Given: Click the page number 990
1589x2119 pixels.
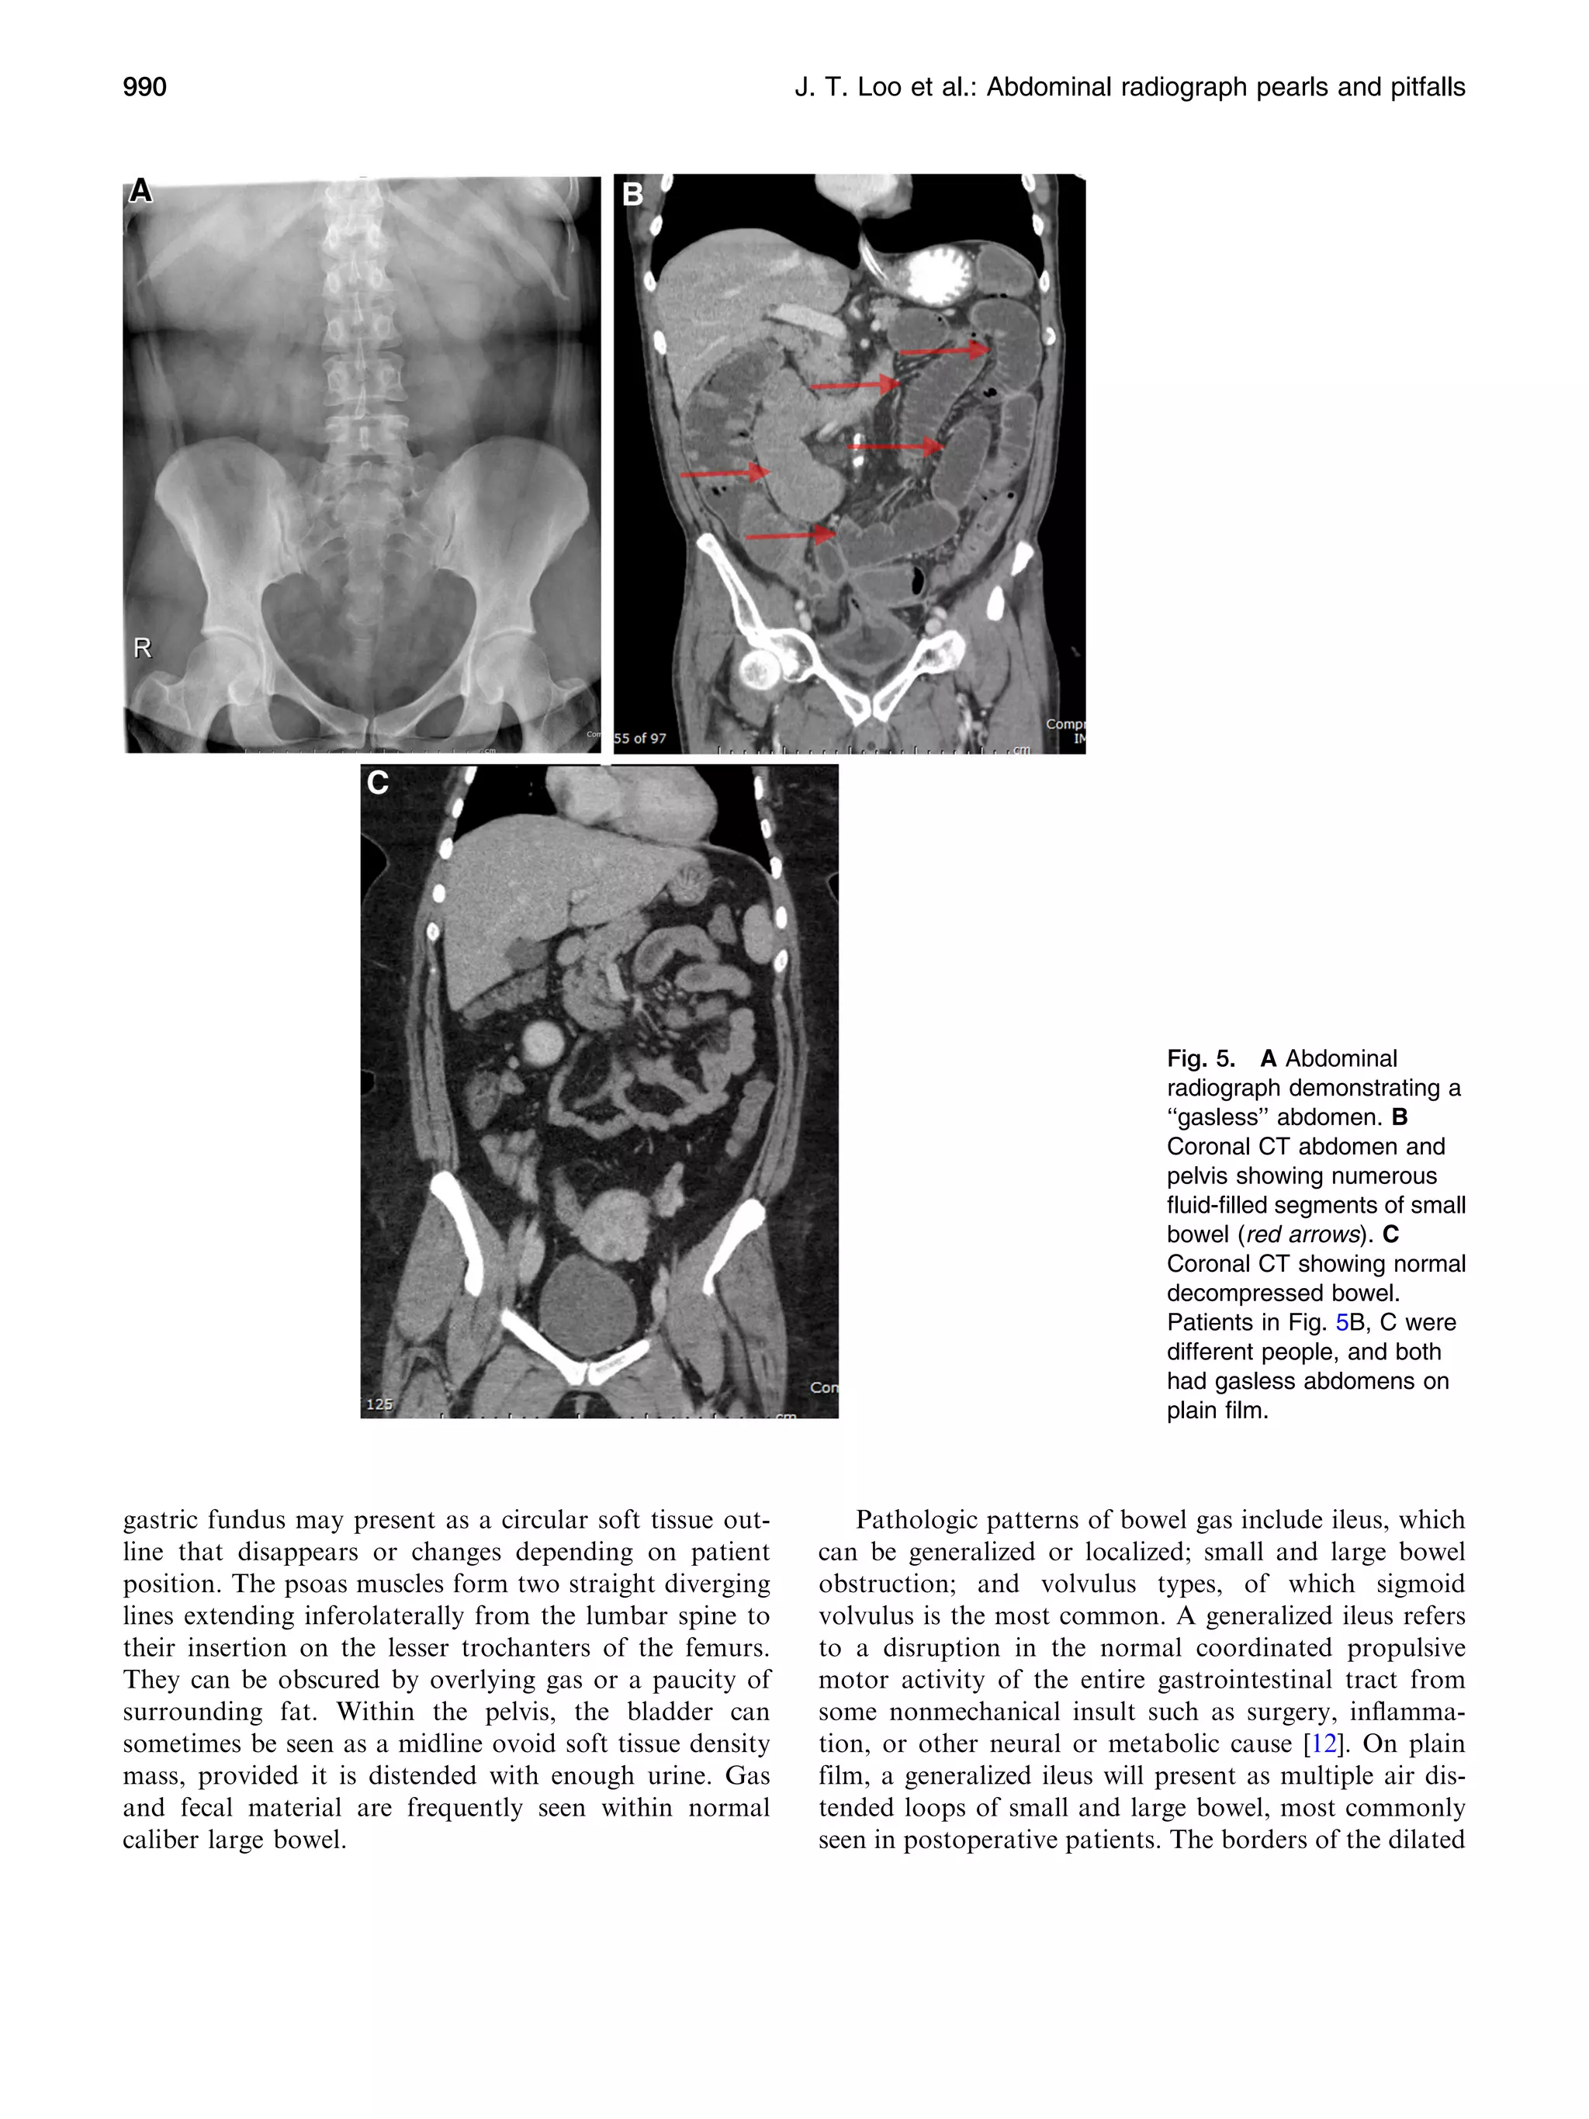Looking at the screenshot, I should [144, 87].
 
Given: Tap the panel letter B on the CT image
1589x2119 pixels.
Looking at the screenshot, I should [632, 195].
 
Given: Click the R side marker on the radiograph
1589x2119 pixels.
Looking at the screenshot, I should [143, 649].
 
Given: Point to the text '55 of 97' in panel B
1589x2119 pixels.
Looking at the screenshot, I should [640, 738].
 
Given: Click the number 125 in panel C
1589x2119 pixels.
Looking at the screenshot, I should [379, 1404].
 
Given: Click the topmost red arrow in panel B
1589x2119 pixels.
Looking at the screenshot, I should [944, 351].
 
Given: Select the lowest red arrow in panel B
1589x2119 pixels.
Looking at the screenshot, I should [789, 535].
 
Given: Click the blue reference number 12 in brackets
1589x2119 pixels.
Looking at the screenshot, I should [1323, 1743].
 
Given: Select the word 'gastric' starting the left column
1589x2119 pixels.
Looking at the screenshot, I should [160, 1520].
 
